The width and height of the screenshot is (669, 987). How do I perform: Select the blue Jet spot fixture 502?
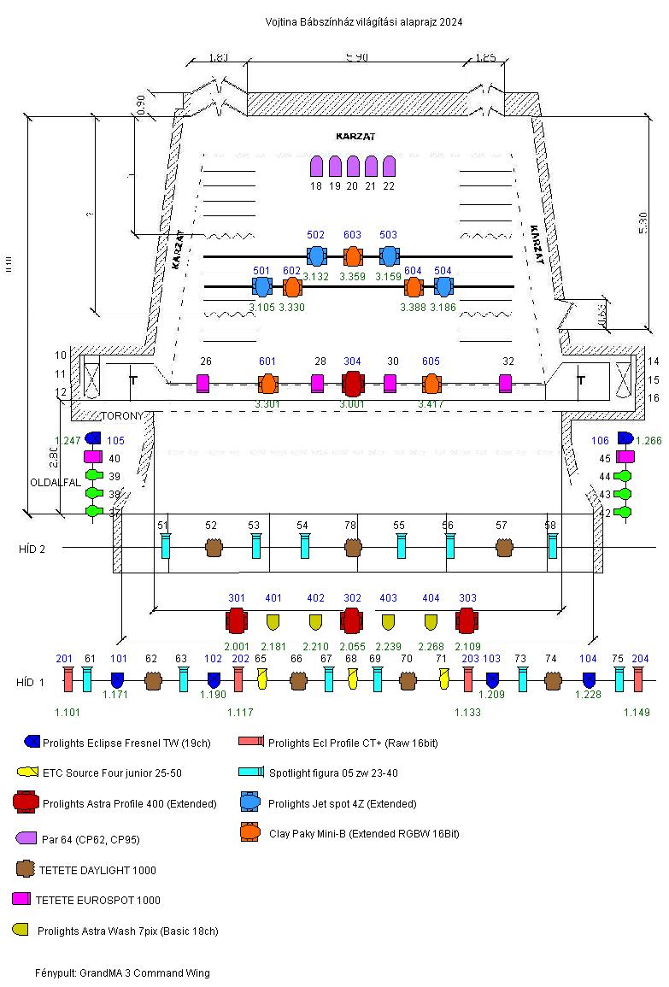tap(316, 256)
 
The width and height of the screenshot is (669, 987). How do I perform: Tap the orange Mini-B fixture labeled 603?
tap(353, 256)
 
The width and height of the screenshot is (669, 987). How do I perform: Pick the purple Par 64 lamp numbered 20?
tap(352, 166)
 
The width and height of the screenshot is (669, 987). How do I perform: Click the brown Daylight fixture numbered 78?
tap(352, 548)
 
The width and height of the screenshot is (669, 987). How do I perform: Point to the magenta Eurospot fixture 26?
tap(203, 383)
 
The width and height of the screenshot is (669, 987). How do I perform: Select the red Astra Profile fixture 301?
tap(237, 620)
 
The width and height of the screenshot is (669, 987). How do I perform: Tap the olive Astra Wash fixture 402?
tap(315, 621)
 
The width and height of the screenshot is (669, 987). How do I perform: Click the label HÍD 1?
tap(30, 683)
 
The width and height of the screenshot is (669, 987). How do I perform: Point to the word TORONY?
tap(126, 417)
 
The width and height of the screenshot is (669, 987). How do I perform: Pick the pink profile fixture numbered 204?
tap(638, 679)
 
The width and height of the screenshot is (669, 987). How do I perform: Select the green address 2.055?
tap(352, 647)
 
